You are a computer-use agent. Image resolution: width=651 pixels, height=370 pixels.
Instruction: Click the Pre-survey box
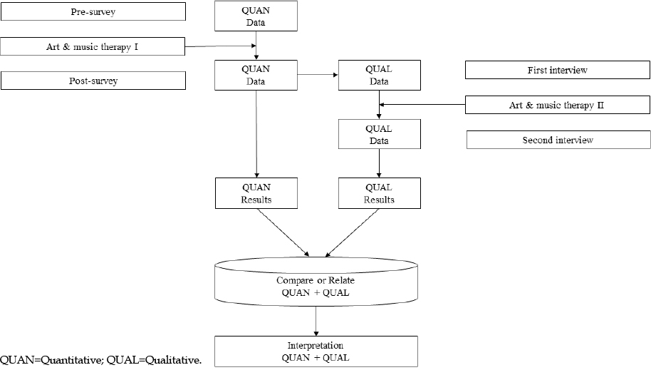[x=93, y=11]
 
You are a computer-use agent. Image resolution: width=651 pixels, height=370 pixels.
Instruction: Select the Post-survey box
[x=93, y=81]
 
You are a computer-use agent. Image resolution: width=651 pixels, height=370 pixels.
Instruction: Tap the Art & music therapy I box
[x=92, y=46]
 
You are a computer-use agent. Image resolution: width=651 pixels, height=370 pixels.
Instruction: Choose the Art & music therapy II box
[x=557, y=105]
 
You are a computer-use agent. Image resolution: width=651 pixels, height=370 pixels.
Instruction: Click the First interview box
[x=557, y=70]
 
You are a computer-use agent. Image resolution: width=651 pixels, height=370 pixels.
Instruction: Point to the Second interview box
[x=558, y=140]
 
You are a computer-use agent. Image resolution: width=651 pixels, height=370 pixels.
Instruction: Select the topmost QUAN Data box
[x=256, y=16]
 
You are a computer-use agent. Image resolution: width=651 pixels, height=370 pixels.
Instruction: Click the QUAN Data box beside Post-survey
[x=256, y=76]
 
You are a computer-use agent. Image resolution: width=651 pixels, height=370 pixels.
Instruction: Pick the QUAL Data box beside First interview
[x=380, y=76]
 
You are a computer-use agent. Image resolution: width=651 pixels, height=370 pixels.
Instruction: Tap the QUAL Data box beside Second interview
[x=380, y=134]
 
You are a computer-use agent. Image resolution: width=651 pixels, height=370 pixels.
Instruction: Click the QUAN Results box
[x=256, y=193]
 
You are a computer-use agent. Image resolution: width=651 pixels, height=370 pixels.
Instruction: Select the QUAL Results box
[x=380, y=193]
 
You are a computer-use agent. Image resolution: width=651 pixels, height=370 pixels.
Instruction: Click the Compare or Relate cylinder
[x=316, y=282]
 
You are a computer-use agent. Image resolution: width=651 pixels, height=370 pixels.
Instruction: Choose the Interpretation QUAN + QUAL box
[x=316, y=351]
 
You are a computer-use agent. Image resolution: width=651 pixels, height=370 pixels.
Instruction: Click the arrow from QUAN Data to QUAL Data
[x=318, y=75]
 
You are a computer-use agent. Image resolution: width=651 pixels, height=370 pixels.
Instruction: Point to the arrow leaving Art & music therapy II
[x=422, y=104]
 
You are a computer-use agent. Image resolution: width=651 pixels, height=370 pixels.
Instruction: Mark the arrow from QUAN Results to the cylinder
[x=283, y=233]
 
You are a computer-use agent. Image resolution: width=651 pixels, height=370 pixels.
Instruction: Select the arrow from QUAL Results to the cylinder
[x=352, y=233]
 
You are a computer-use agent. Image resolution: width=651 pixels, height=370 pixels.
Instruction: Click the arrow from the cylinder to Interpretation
[x=316, y=322]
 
